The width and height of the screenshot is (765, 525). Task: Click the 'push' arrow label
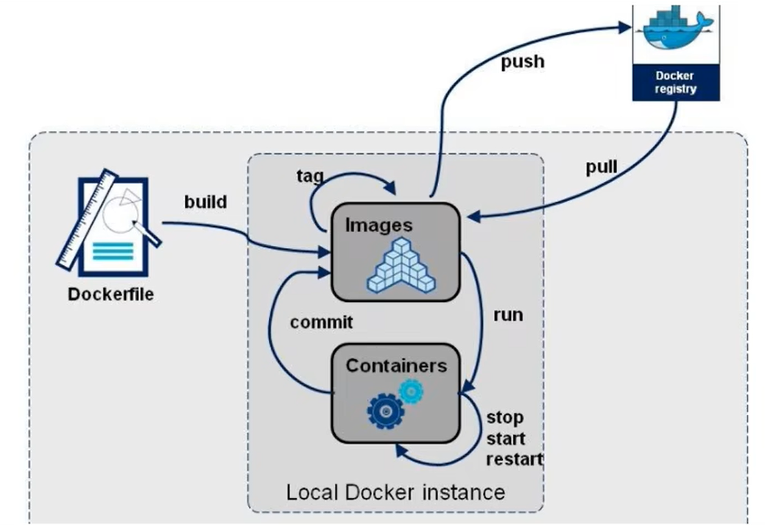point(523,61)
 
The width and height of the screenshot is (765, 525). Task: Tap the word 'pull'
point(602,166)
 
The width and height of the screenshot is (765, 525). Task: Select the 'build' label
point(205,202)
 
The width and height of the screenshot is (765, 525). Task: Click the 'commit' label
point(321,322)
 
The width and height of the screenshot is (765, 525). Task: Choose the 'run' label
point(507,314)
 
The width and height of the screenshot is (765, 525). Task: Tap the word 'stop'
point(505,417)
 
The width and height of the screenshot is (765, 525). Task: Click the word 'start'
point(507,439)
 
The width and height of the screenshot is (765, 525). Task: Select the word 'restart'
point(514,460)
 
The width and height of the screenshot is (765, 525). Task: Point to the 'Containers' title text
point(396,365)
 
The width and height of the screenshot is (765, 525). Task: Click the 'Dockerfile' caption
point(111,295)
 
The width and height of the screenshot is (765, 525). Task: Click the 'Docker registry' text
point(676,82)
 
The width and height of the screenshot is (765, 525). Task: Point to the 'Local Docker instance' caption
point(395,491)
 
